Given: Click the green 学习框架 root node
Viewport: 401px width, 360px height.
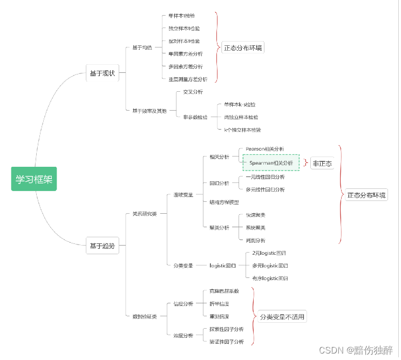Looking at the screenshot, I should pos(34,179).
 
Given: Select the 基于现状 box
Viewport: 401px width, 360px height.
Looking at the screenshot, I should pos(102,73).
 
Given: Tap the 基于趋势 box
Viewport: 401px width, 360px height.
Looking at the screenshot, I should pos(102,246).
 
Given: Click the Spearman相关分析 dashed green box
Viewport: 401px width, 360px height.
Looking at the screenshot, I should pos(271,162).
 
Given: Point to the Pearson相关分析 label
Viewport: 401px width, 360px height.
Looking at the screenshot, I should pos(264,149).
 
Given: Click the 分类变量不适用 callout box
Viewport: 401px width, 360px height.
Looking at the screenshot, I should pos(282,317).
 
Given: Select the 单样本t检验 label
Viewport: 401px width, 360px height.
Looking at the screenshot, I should pos(181,16).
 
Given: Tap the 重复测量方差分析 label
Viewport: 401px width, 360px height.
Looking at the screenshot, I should pos(188,79).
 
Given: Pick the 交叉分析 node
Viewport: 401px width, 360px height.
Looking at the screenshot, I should pos(193,92).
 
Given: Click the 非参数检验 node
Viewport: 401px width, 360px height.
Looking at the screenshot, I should pos(195,117).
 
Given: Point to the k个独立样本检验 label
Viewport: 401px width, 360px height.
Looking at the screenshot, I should pos(242,130).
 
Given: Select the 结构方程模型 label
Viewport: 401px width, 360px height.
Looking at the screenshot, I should pos(224,202).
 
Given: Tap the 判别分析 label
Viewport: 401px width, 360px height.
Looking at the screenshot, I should pos(255,240).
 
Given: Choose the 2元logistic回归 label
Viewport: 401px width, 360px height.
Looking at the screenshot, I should pos(269,253).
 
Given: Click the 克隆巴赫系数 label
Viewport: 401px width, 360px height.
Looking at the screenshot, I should pos(224,291).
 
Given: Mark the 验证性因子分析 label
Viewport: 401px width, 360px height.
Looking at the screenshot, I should pos(227,342).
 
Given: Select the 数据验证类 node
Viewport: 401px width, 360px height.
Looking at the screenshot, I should pos(145,316).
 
